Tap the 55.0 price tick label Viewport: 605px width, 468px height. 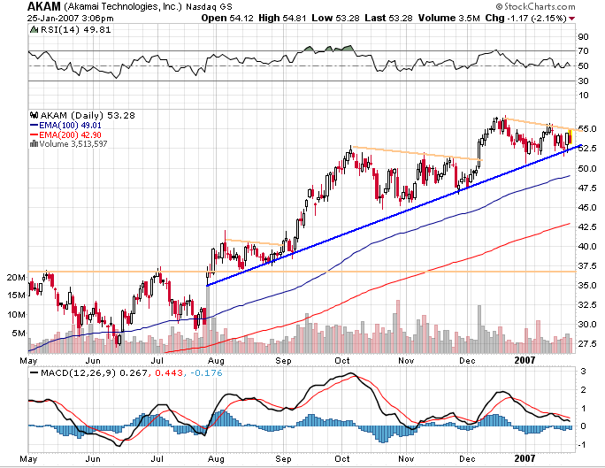pos(587,129)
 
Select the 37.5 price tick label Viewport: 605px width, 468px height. pos(587,265)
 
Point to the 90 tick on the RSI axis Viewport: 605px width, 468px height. pos(583,37)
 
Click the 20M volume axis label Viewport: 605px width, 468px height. pos(13,277)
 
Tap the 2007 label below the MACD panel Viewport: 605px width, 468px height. pos(526,457)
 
